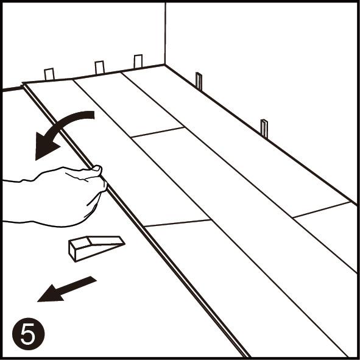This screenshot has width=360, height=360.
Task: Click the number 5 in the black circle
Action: click(x=28, y=334)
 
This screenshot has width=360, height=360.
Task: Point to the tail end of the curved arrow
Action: click(x=94, y=115)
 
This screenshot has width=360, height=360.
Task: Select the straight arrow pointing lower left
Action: click(x=67, y=289)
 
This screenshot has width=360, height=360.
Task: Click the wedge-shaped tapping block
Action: click(x=96, y=248)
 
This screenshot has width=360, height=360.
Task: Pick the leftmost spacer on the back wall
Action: click(x=49, y=74)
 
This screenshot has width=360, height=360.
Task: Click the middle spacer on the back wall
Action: click(x=100, y=67)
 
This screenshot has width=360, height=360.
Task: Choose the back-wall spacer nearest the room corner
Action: click(x=138, y=62)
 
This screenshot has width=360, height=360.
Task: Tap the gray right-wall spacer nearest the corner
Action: click(x=199, y=81)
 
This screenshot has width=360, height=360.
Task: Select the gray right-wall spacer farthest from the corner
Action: click(x=264, y=129)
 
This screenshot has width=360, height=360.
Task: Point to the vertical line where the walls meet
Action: click(x=165, y=34)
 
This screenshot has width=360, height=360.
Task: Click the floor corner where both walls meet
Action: click(x=164, y=65)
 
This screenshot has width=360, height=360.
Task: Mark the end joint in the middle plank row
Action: click(x=158, y=132)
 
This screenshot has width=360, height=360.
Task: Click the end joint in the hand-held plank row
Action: click(x=177, y=223)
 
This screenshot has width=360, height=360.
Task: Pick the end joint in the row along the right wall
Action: click(x=322, y=210)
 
